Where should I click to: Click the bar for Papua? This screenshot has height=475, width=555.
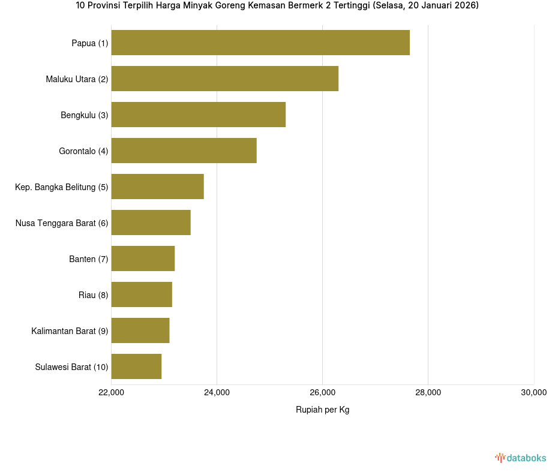[260, 43]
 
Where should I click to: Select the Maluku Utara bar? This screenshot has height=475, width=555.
[225, 79]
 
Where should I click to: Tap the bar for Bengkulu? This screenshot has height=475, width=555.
[199, 115]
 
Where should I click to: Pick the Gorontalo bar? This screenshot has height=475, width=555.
[184, 151]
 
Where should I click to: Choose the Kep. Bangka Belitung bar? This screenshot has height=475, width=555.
[158, 187]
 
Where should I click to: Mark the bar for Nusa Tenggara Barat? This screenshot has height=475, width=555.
[151, 223]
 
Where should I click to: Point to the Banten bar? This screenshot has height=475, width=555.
[143, 258]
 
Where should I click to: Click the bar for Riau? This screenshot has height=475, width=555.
[142, 294]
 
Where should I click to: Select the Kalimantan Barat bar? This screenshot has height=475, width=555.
[140, 330]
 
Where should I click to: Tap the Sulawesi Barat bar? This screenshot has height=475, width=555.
[136, 366]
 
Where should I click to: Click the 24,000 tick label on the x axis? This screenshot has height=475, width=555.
[217, 393]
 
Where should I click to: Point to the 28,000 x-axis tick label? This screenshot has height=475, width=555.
[428, 393]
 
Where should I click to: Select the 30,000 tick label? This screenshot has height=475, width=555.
[533, 393]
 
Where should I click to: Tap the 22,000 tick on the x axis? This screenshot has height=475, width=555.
[111, 393]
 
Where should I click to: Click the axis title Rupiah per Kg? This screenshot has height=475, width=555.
[322, 410]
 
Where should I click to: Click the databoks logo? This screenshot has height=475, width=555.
[520, 458]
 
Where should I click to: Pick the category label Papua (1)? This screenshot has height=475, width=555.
[90, 43]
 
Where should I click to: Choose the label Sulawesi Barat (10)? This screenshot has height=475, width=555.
[71, 367]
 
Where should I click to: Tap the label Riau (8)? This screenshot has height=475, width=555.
[93, 295]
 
